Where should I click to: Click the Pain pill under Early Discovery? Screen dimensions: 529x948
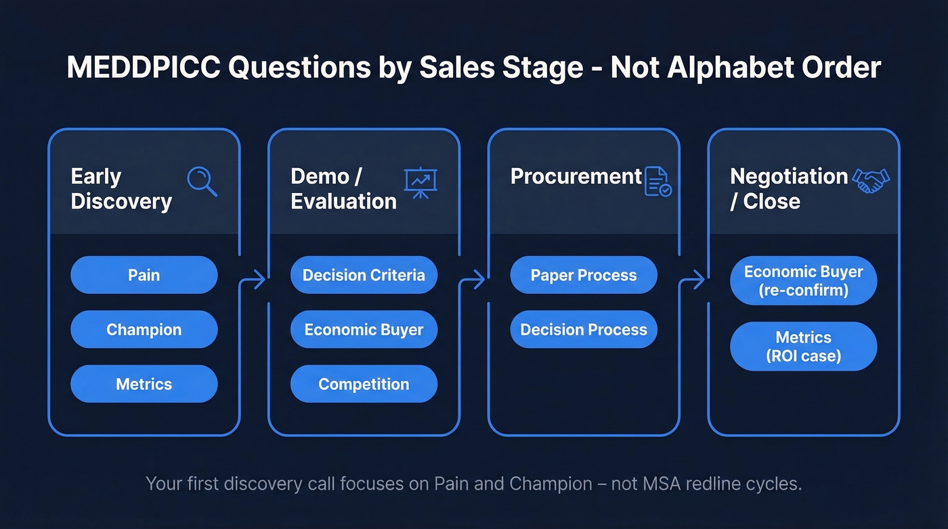click(x=144, y=275)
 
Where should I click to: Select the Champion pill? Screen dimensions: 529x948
click(x=144, y=330)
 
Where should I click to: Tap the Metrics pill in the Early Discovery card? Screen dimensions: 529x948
click(x=144, y=384)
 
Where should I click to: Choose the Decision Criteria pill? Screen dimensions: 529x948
click(x=364, y=275)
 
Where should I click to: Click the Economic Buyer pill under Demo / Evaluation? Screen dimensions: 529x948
click(x=364, y=330)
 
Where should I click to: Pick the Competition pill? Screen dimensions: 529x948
click(x=364, y=384)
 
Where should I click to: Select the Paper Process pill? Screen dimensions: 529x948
click(x=583, y=275)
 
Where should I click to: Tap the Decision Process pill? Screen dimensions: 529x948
click(x=583, y=330)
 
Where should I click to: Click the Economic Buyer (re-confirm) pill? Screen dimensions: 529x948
click(x=803, y=280)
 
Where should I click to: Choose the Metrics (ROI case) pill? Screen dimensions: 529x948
click(x=803, y=346)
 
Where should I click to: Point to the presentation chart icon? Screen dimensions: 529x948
click(x=421, y=183)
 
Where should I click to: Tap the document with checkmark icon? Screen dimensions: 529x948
click(x=658, y=182)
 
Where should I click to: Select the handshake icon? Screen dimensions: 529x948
click(x=871, y=180)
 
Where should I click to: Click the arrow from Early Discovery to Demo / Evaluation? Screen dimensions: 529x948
click(x=255, y=278)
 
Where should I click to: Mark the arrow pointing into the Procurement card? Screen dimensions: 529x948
click(x=475, y=278)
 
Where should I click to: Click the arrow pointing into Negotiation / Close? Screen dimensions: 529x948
click(x=695, y=278)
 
